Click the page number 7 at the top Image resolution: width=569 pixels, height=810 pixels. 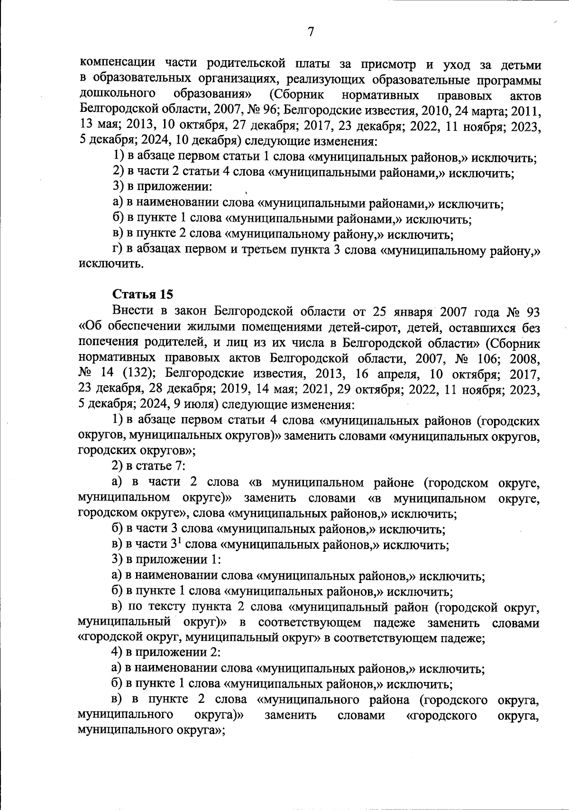pos(311,32)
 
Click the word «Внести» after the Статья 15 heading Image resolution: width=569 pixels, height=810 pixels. pos(130,311)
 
